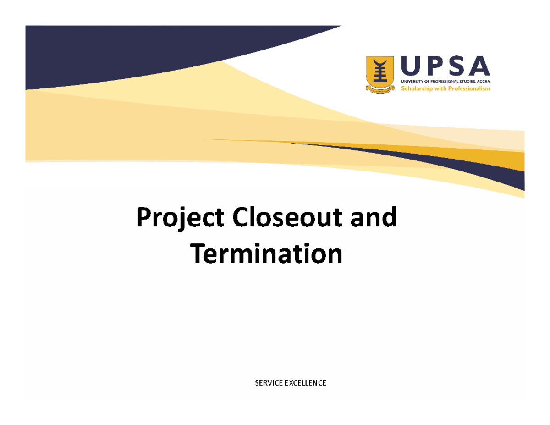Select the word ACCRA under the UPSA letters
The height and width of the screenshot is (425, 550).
(483, 81)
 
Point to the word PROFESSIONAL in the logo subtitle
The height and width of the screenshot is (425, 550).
(440, 81)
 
